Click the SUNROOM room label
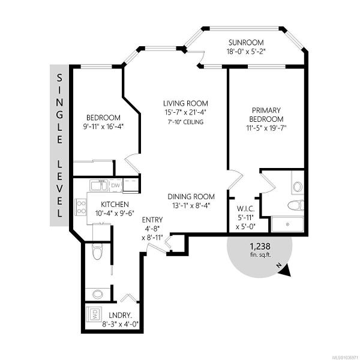(x=246, y=43)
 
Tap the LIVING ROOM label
(x=185, y=104)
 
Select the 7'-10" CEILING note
(x=185, y=122)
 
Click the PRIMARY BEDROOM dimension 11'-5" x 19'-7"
(x=266, y=128)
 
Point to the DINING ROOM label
(x=191, y=197)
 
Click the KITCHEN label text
(x=115, y=205)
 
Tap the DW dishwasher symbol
(x=116, y=185)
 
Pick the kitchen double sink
(x=99, y=185)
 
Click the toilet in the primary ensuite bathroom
(x=296, y=205)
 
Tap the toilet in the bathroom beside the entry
(x=97, y=251)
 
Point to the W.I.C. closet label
(x=245, y=209)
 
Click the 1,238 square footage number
(x=260, y=247)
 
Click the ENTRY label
(x=152, y=220)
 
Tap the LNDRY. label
(x=120, y=315)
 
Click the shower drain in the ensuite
(x=287, y=224)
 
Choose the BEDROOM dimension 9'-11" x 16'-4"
(x=103, y=127)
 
